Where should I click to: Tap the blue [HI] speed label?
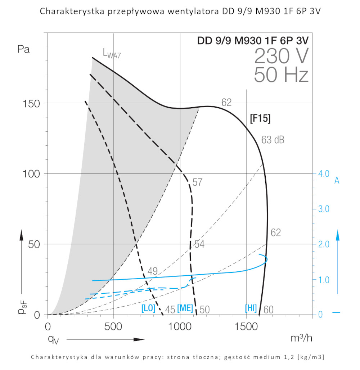251,308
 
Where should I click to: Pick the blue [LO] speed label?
148,309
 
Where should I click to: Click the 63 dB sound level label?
273,140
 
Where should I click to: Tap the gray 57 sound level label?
197,182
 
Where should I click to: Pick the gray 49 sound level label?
153,271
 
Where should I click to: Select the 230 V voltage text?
281,56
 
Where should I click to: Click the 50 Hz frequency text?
281,75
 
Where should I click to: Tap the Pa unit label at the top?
23,49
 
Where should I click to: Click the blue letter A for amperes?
337,181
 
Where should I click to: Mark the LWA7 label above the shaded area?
112,54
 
